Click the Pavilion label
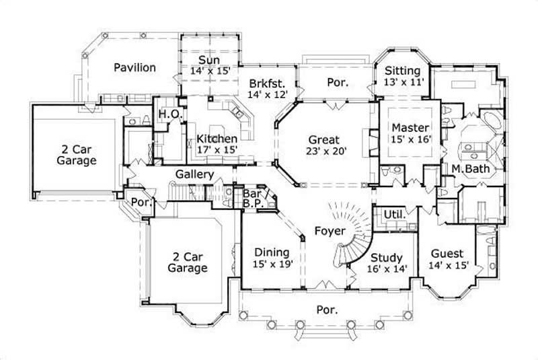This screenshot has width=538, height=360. [134, 67]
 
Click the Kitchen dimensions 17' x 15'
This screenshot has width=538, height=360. [217, 150]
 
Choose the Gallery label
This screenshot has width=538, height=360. [195, 174]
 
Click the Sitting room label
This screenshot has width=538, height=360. [402, 71]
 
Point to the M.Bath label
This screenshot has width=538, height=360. [469, 168]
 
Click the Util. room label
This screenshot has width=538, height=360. [393, 214]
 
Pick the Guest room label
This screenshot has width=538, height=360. [447, 253]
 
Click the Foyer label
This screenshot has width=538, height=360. [330, 231]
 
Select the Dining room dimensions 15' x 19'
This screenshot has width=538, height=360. [273, 264]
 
